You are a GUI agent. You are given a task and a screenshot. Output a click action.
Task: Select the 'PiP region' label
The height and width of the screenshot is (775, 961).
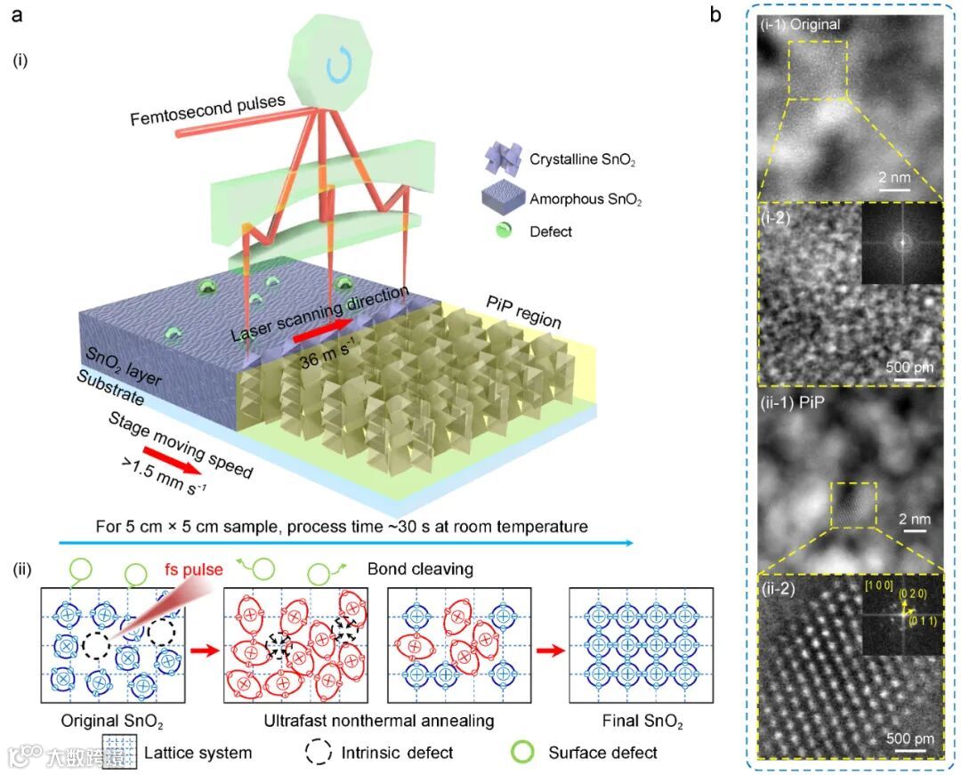tap(523, 312)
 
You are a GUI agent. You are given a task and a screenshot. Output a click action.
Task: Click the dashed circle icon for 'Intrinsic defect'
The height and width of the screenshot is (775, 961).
tap(319, 753)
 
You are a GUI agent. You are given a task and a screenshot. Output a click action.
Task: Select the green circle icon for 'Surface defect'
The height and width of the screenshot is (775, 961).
tap(526, 752)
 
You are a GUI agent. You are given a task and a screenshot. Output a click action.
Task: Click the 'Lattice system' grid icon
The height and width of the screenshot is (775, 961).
tap(118, 753)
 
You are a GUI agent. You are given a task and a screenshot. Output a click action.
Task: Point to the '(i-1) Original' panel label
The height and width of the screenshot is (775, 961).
tap(800, 25)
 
